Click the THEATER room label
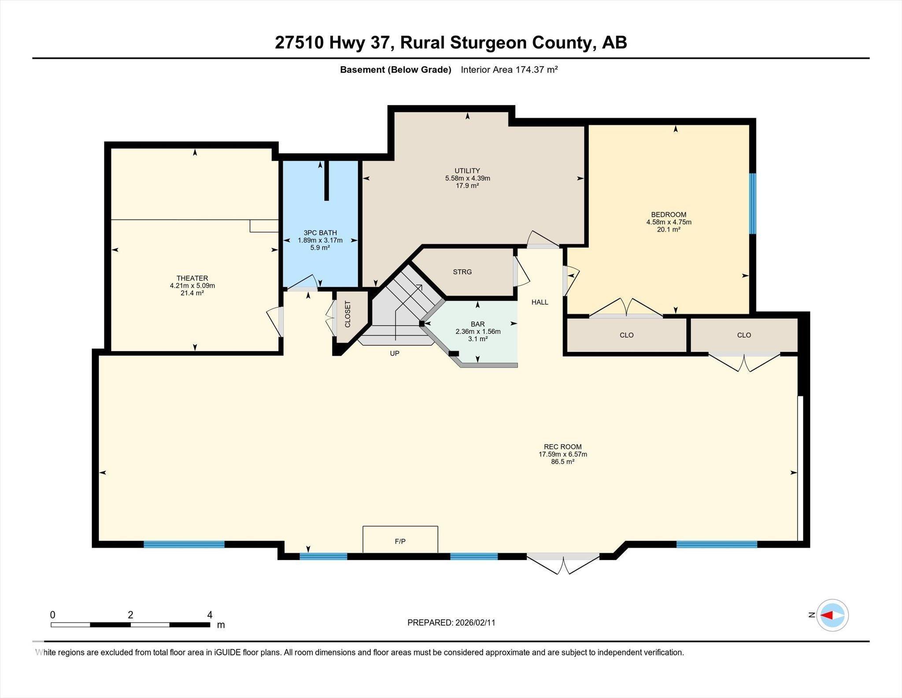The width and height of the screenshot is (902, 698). tap(192, 278)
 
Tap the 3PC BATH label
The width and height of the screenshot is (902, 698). tap(320, 233)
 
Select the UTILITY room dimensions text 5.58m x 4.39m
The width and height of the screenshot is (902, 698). tap(467, 179)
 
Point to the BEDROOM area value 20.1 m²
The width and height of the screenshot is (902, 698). tap(668, 230)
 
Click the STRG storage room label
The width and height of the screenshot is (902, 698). tap(462, 272)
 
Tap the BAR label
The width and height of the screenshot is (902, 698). tap(477, 324)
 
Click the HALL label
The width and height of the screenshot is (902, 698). tap(540, 302)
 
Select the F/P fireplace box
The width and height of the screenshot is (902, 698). tap(400, 539)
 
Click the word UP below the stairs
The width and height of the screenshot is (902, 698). tap(395, 354)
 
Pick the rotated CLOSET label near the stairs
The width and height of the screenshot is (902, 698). tap(347, 314)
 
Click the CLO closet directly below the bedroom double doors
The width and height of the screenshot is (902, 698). tap(626, 335)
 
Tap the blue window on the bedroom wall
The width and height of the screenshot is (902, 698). tap(753, 203)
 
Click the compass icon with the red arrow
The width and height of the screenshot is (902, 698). tap(832, 615)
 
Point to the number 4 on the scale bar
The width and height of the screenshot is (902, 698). tap(210, 615)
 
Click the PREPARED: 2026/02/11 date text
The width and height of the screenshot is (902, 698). tap(451, 623)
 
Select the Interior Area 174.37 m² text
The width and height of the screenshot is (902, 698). tap(509, 70)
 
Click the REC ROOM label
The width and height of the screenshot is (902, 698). tap(562, 447)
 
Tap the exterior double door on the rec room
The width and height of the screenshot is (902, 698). tap(563, 562)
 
